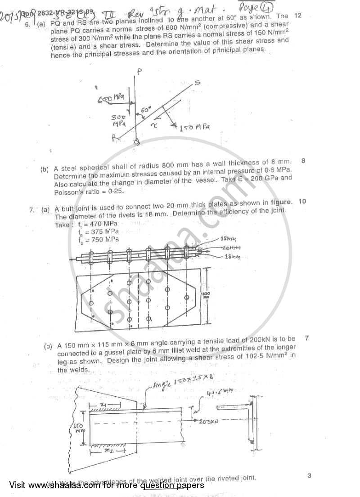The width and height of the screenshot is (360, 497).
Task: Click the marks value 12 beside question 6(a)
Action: (x=297, y=15)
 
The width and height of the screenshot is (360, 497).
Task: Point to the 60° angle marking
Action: (x=144, y=109)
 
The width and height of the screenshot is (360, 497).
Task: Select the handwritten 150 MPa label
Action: (x=195, y=128)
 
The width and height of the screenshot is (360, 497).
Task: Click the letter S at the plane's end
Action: (x=197, y=83)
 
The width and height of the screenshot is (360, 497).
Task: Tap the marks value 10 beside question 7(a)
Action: (x=302, y=201)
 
